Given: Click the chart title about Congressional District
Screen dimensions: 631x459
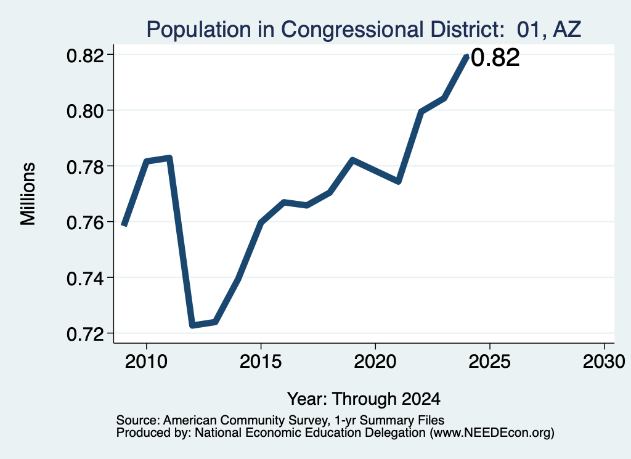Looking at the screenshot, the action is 364,30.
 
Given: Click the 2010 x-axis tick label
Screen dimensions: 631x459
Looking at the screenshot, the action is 146,361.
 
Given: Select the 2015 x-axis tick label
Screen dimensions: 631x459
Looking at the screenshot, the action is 261,361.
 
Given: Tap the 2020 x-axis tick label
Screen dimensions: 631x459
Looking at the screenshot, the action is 375,361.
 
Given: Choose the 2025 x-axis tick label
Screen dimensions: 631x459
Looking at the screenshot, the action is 490,361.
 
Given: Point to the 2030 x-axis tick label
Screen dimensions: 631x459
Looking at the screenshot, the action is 604,361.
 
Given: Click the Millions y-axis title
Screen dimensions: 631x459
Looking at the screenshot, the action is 28,194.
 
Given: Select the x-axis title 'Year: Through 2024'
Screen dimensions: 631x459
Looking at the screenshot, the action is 364,399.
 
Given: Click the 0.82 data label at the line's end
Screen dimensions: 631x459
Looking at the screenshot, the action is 495,57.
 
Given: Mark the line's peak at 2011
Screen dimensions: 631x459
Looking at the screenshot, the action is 169,157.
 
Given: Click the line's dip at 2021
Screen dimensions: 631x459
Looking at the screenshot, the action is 398,181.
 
